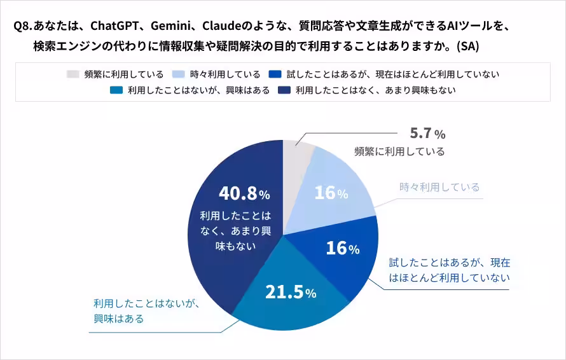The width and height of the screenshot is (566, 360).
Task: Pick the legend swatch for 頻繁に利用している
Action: click(x=73, y=74)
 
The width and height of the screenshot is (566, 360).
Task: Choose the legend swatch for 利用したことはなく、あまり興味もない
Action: click(x=284, y=90)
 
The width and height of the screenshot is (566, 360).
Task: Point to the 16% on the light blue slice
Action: click(x=331, y=193)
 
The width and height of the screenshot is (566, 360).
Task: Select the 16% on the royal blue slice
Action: click(x=342, y=248)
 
